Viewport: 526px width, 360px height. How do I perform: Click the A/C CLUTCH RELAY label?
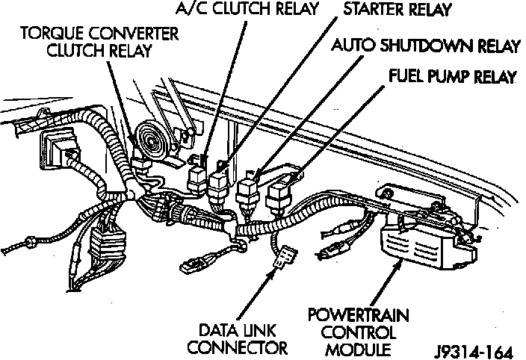(247, 10)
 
